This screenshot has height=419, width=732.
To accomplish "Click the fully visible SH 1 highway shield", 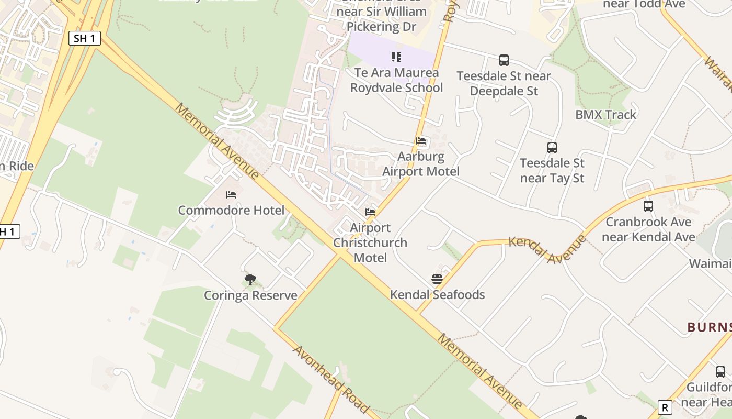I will point(84,38).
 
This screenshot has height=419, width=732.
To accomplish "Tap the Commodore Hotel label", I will point(231,211).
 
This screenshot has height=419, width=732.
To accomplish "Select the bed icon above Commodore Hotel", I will point(231,195).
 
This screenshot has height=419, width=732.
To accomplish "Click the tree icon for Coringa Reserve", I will point(250,279).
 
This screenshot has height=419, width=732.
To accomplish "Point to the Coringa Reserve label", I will point(250,295).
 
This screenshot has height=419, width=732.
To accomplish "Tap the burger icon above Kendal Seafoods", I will point(437,279).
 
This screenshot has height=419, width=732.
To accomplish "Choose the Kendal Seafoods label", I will point(437,295).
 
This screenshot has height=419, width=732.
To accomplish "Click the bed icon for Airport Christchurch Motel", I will point(370,212).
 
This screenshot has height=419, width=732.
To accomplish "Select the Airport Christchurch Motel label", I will point(370,243).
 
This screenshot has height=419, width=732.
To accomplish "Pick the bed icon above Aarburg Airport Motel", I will point(421,141).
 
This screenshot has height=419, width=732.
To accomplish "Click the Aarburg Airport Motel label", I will point(421,164).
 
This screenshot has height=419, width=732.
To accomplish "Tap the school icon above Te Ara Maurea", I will point(396,57).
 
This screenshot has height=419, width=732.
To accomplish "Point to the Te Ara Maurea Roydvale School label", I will point(396,80).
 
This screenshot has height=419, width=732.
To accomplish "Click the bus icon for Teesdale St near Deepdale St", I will point(504,60).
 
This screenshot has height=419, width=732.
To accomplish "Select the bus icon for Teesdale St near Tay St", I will point(552,148).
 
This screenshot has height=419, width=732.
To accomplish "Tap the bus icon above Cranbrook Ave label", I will point(648,206).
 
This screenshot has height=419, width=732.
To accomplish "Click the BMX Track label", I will point(606,115).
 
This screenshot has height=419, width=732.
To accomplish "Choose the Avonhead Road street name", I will point(331,378).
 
